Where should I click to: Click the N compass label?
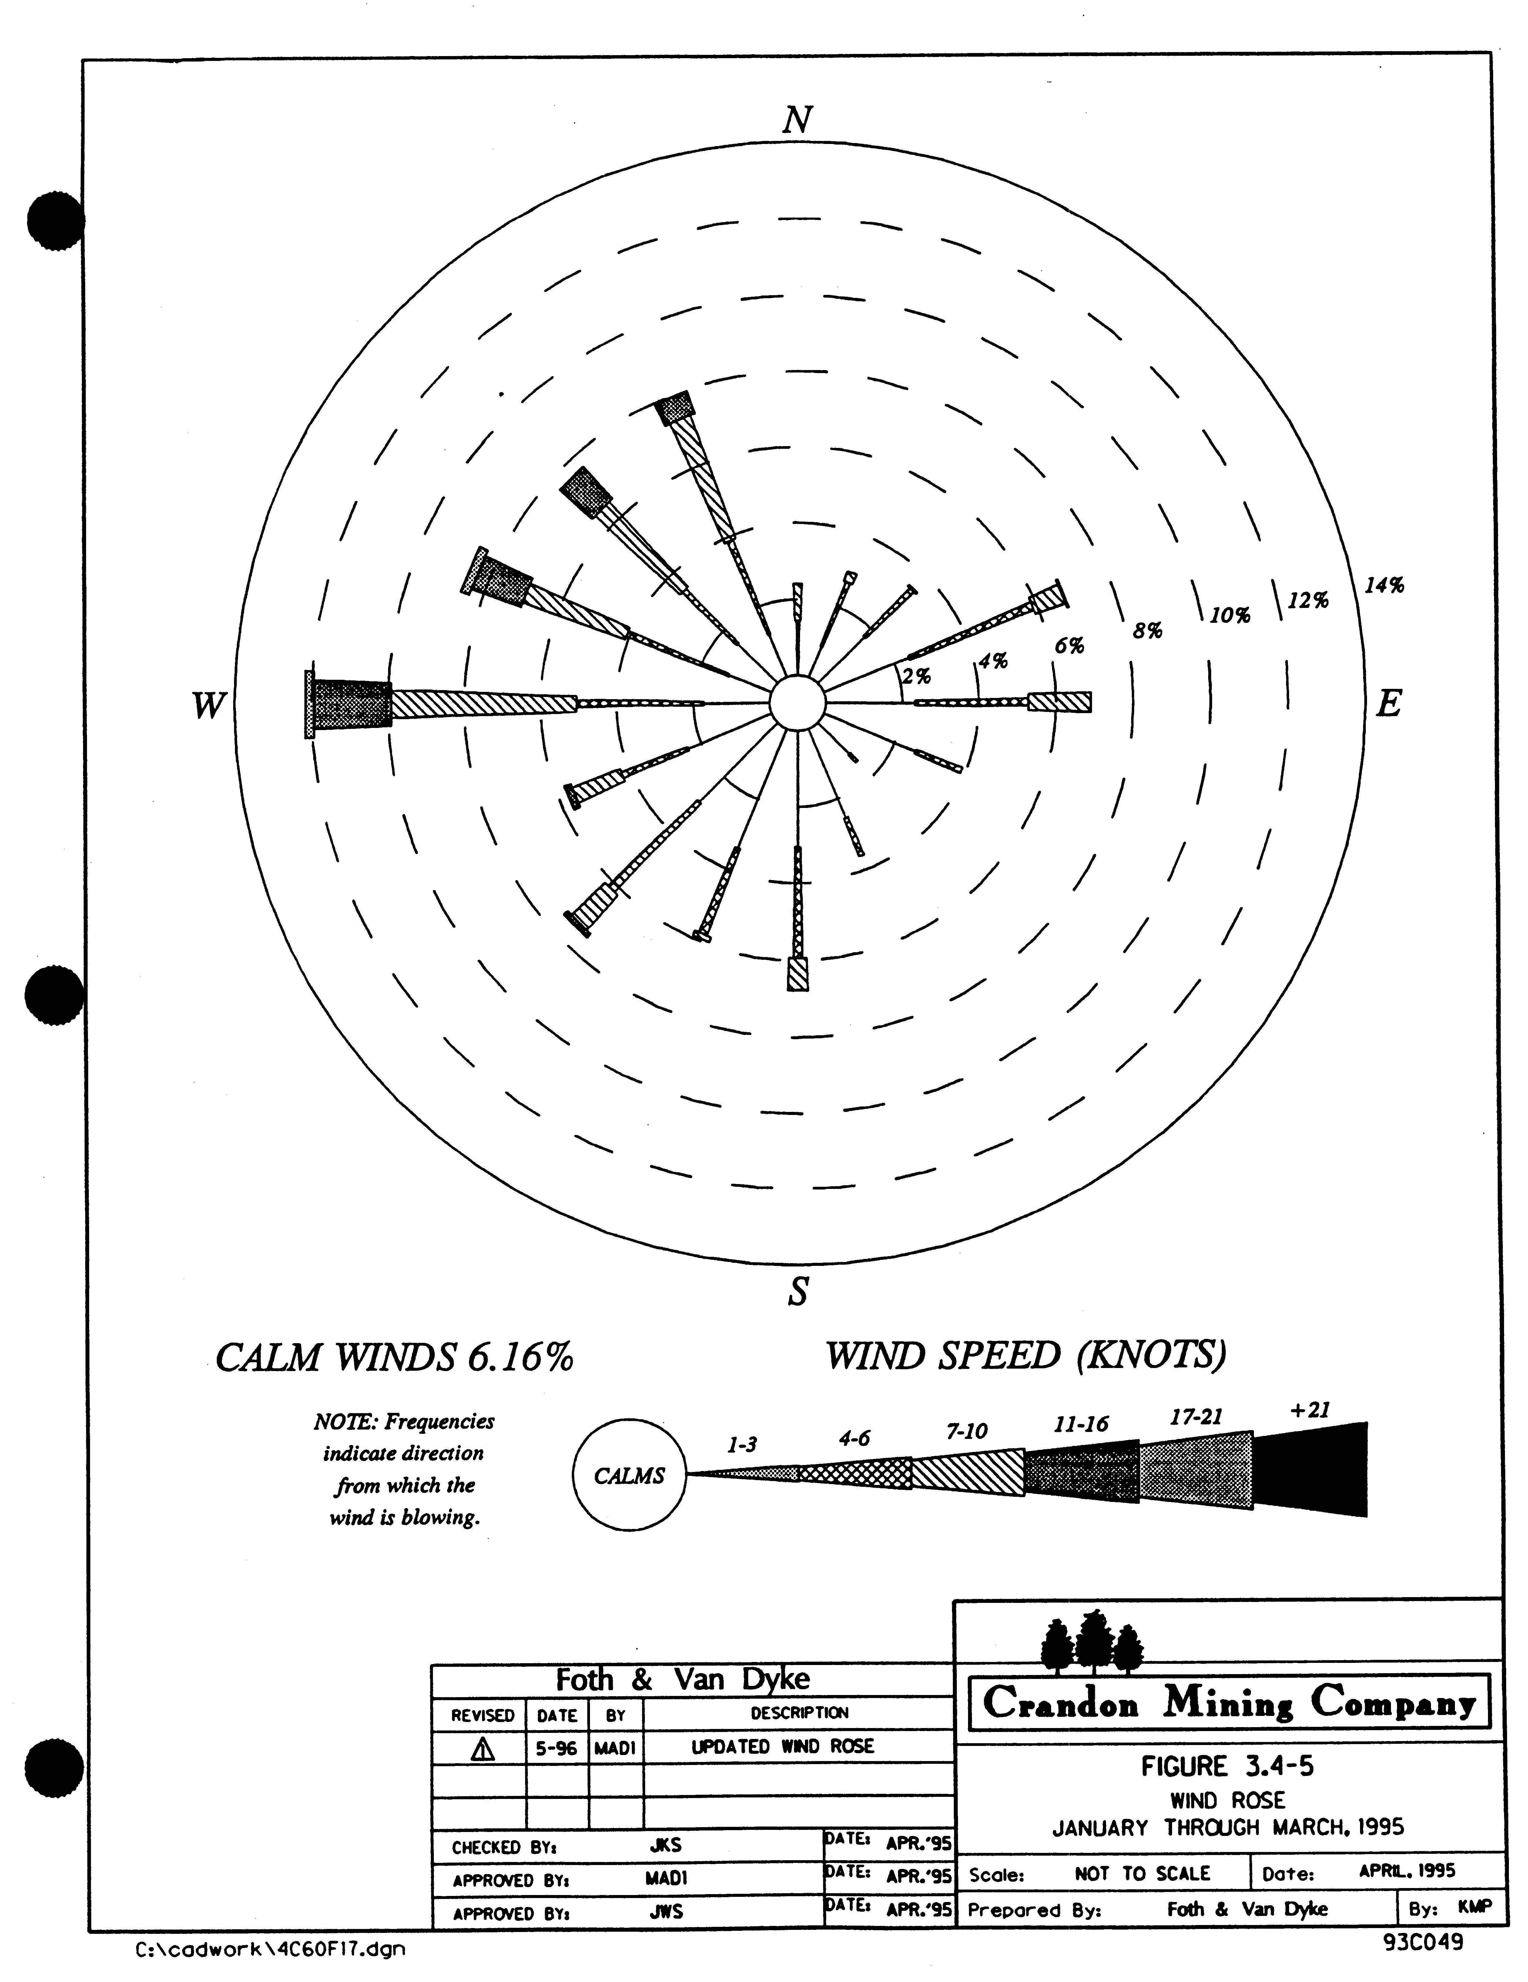[x=797, y=120]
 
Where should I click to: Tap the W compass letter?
[x=208, y=705]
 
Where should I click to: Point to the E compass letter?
[x=1388, y=703]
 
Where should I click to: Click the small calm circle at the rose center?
[x=796, y=703]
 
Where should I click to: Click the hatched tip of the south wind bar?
[x=797, y=974]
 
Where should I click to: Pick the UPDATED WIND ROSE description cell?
[x=782, y=1747]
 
